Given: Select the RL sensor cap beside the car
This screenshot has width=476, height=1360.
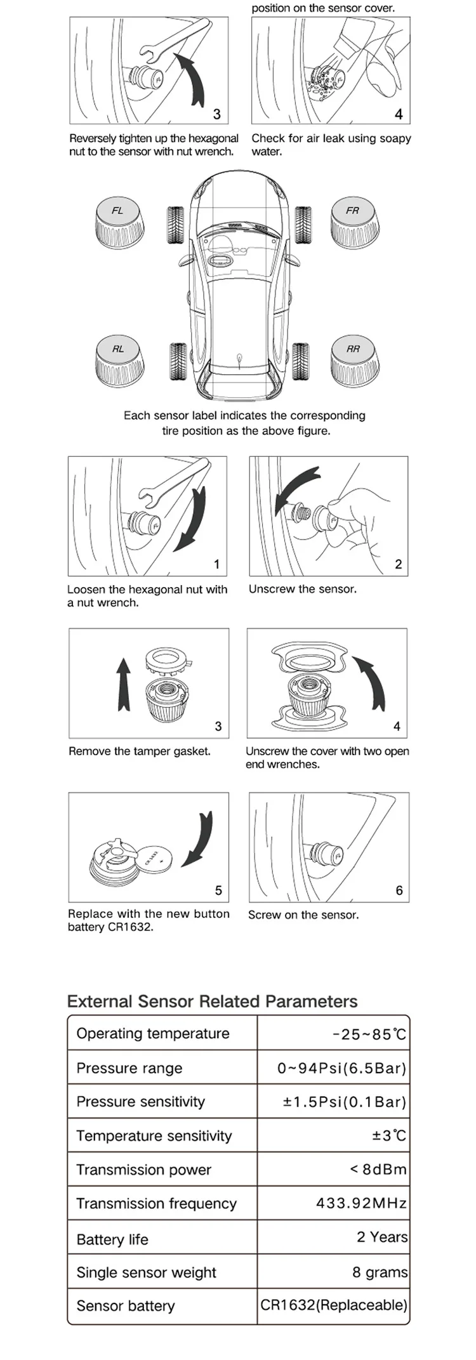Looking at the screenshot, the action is (x=119, y=360).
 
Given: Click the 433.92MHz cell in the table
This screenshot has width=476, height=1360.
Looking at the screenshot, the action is (x=361, y=1203).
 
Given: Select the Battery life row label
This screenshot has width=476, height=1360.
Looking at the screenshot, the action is (x=112, y=1239).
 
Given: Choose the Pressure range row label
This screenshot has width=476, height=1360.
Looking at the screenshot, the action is (x=129, y=1068).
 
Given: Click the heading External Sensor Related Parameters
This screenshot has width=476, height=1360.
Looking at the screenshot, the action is (x=213, y=1001).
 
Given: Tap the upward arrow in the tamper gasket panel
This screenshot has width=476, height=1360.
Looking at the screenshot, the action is (x=124, y=683).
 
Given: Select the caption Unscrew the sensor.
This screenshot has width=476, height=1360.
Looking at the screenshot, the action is (x=303, y=589).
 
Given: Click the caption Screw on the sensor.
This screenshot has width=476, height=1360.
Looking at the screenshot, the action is (x=303, y=914).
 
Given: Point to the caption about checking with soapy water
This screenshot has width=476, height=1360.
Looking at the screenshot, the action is (x=331, y=145).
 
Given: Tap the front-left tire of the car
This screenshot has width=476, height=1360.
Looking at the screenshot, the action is (x=176, y=225).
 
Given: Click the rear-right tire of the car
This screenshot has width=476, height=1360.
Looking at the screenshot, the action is (x=301, y=361).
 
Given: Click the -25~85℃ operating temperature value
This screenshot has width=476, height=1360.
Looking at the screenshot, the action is (x=369, y=1034).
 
